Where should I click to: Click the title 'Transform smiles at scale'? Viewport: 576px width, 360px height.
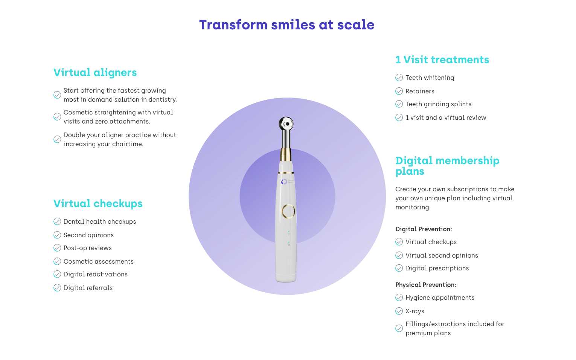coord(287,25)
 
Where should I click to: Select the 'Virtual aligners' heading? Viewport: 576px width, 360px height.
coord(95,73)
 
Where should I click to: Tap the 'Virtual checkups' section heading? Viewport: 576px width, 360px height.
coord(98,203)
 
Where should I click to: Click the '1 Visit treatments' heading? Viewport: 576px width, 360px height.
coord(442,59)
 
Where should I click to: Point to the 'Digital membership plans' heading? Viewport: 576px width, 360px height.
coord(447,166)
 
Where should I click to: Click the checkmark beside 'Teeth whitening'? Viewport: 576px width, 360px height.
coord(399,78)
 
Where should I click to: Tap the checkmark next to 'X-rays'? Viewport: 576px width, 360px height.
coord(399,311)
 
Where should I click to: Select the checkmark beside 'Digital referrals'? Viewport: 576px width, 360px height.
coord(57,288)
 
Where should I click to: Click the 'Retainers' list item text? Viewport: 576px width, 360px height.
coord(420,91)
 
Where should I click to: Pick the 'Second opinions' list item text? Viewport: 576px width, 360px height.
coord(88,235)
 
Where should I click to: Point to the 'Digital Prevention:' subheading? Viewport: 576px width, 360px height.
coord(424,229)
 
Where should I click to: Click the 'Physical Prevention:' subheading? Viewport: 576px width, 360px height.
coord(425,285)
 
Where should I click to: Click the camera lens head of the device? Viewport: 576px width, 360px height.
coord(286,124)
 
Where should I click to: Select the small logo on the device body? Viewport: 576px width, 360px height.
coord(284,182)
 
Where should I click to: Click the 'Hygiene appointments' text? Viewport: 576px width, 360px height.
coord(440,298)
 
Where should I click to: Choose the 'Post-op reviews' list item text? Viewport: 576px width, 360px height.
coord(88,248)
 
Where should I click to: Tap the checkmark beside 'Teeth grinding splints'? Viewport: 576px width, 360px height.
coord(399,104)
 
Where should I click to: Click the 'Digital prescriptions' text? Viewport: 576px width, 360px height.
coord(437,268)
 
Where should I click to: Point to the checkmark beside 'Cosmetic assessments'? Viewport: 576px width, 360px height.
coord(57,261)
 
